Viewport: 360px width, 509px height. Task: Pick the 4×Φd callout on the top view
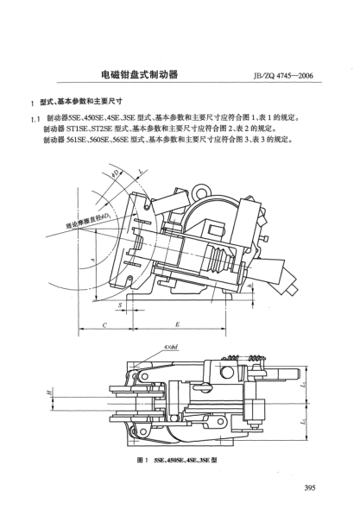pos(170,349)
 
